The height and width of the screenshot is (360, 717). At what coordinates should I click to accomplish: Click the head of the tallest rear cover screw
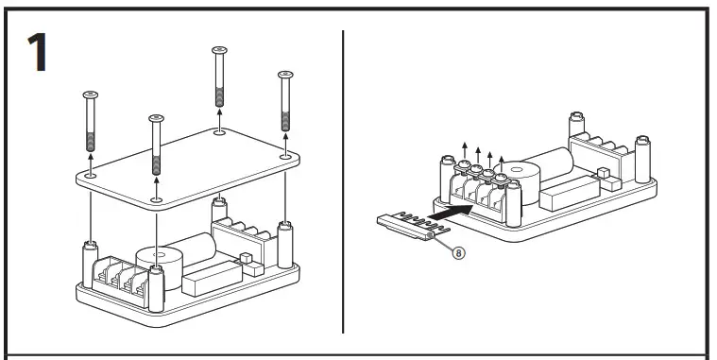click(219, 48)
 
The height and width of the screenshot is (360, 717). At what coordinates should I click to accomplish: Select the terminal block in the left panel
click(120, 278)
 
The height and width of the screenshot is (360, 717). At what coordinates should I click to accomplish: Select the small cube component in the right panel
click(602, 173)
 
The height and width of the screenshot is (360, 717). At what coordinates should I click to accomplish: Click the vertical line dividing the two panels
click(343, 180)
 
